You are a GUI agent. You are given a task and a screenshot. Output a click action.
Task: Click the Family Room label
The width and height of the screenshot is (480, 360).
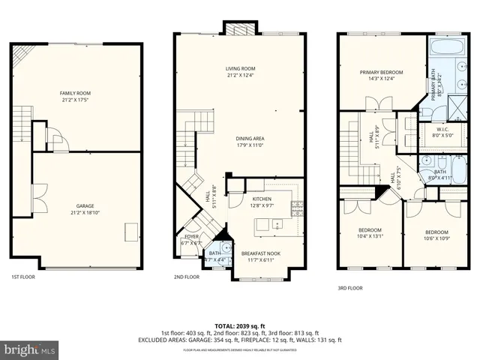tap(75, 97)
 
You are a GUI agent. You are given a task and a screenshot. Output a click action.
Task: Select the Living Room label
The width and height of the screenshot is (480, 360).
tap(241, 72)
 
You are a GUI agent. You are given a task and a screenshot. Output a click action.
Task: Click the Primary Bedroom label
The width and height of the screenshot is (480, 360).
tap(381, 74)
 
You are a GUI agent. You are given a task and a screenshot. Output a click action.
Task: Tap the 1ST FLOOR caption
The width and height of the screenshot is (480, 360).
tap(24, 277)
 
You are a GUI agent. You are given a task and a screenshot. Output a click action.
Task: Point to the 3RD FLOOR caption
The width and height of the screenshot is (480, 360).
tap(350, 287)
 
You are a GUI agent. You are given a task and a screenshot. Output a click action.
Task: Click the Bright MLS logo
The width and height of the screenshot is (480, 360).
tap(30, 349)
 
